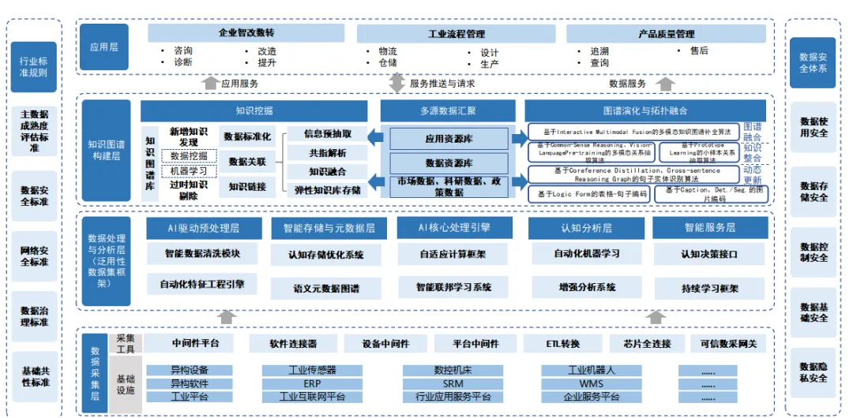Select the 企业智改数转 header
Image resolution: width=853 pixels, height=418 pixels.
pos(246,33)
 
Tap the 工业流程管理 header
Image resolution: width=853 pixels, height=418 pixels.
pos(456,34)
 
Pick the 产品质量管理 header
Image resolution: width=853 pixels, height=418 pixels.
pos(666,34)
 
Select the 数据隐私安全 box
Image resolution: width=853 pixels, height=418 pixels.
pos(813,372)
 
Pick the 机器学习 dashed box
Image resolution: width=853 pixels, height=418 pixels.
pos(189,171)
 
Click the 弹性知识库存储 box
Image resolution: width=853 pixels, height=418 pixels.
pos(327,189)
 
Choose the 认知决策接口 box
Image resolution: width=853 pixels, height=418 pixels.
pos(708,255)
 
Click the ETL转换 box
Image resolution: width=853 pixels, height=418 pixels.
pos(562,344)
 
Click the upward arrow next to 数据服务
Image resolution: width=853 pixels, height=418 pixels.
pos(665,83)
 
